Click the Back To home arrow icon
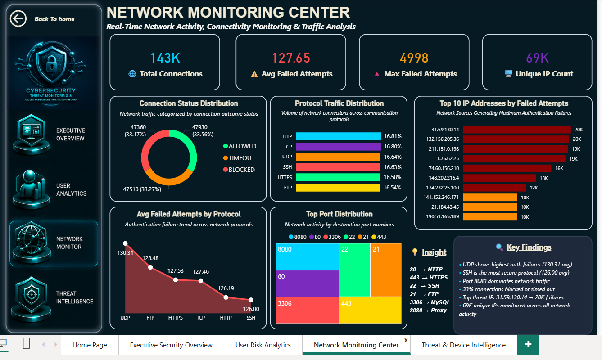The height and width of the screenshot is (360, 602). click(x=18, y=18)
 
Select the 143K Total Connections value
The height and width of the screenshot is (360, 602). click(x=165, y=58)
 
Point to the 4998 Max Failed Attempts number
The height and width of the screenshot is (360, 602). click(x=414, y=58)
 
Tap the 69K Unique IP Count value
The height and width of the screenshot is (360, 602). click(x=537, y=58)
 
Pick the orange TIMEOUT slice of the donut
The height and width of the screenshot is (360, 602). click(x=169, y=180)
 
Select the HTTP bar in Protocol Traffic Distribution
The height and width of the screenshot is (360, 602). click(x=338, y=136)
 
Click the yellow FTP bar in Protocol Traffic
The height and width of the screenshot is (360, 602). click(x=338, y=188)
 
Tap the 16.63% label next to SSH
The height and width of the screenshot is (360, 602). click(x=393, y=167)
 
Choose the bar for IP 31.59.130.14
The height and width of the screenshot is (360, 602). click(x=517, y=130)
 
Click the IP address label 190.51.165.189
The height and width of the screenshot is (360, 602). click(x=442, y=216)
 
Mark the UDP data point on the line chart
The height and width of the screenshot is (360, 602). click(x=125, y=243)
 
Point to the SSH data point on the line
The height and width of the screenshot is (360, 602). click(x=251, y=300)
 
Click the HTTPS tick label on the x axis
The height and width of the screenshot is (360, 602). click(x=176, y=318)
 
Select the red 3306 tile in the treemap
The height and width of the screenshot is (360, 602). click(x=307, y=310)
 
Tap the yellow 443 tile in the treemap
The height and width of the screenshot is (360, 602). click(x=370, y=310)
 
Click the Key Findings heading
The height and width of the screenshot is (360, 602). click(x=529, y=247)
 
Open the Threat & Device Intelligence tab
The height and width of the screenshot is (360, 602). click(x=464, y=345)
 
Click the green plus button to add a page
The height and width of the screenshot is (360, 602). click(x=528, y=344)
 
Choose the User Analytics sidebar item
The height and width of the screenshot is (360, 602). click(x=54, y=189)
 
